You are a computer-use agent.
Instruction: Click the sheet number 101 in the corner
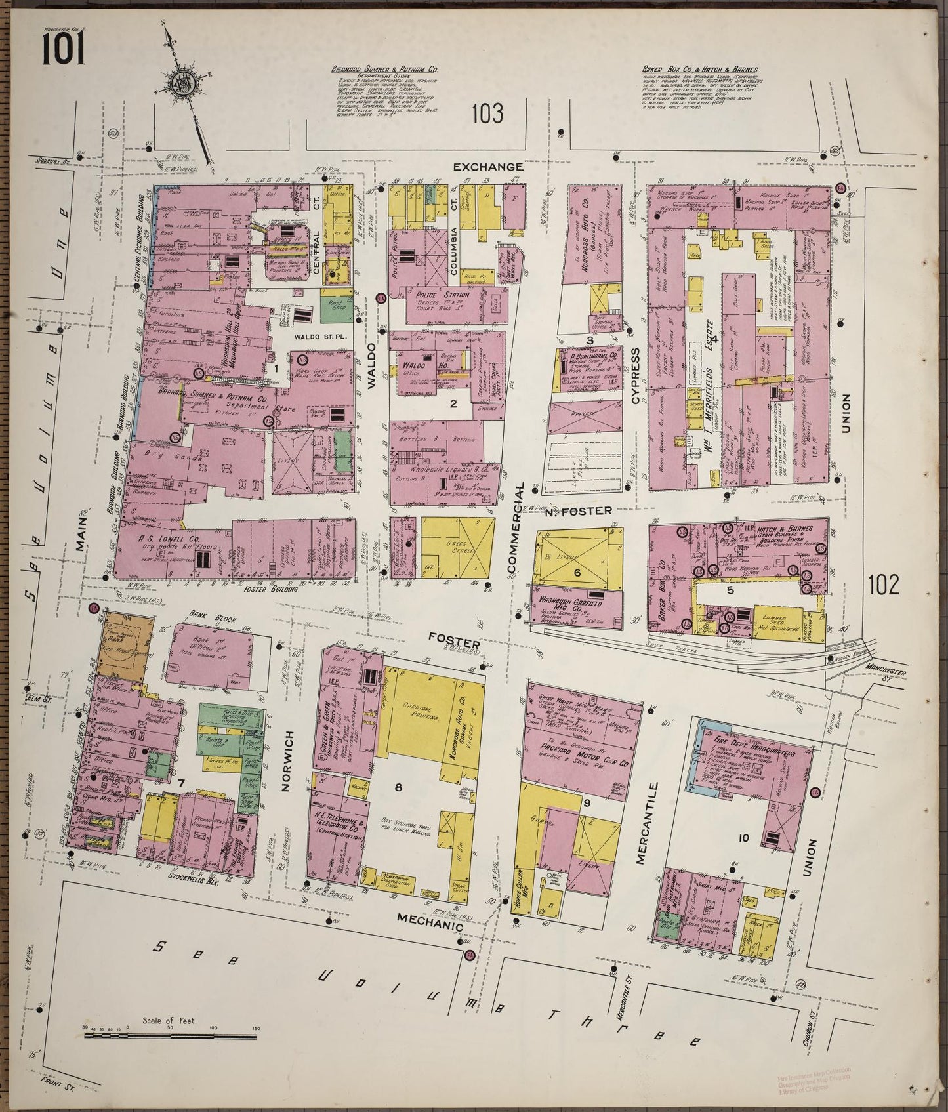click(x=64, y=50)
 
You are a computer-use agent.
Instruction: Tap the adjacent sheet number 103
click(x=487, y=113)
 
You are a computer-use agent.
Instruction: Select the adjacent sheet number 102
click(x=882, y=583)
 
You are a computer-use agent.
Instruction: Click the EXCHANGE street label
click(x=489, y=167)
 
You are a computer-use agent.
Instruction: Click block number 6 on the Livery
click(x=577, y=573)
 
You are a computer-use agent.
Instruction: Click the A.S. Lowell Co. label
click(x=153, y=541)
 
